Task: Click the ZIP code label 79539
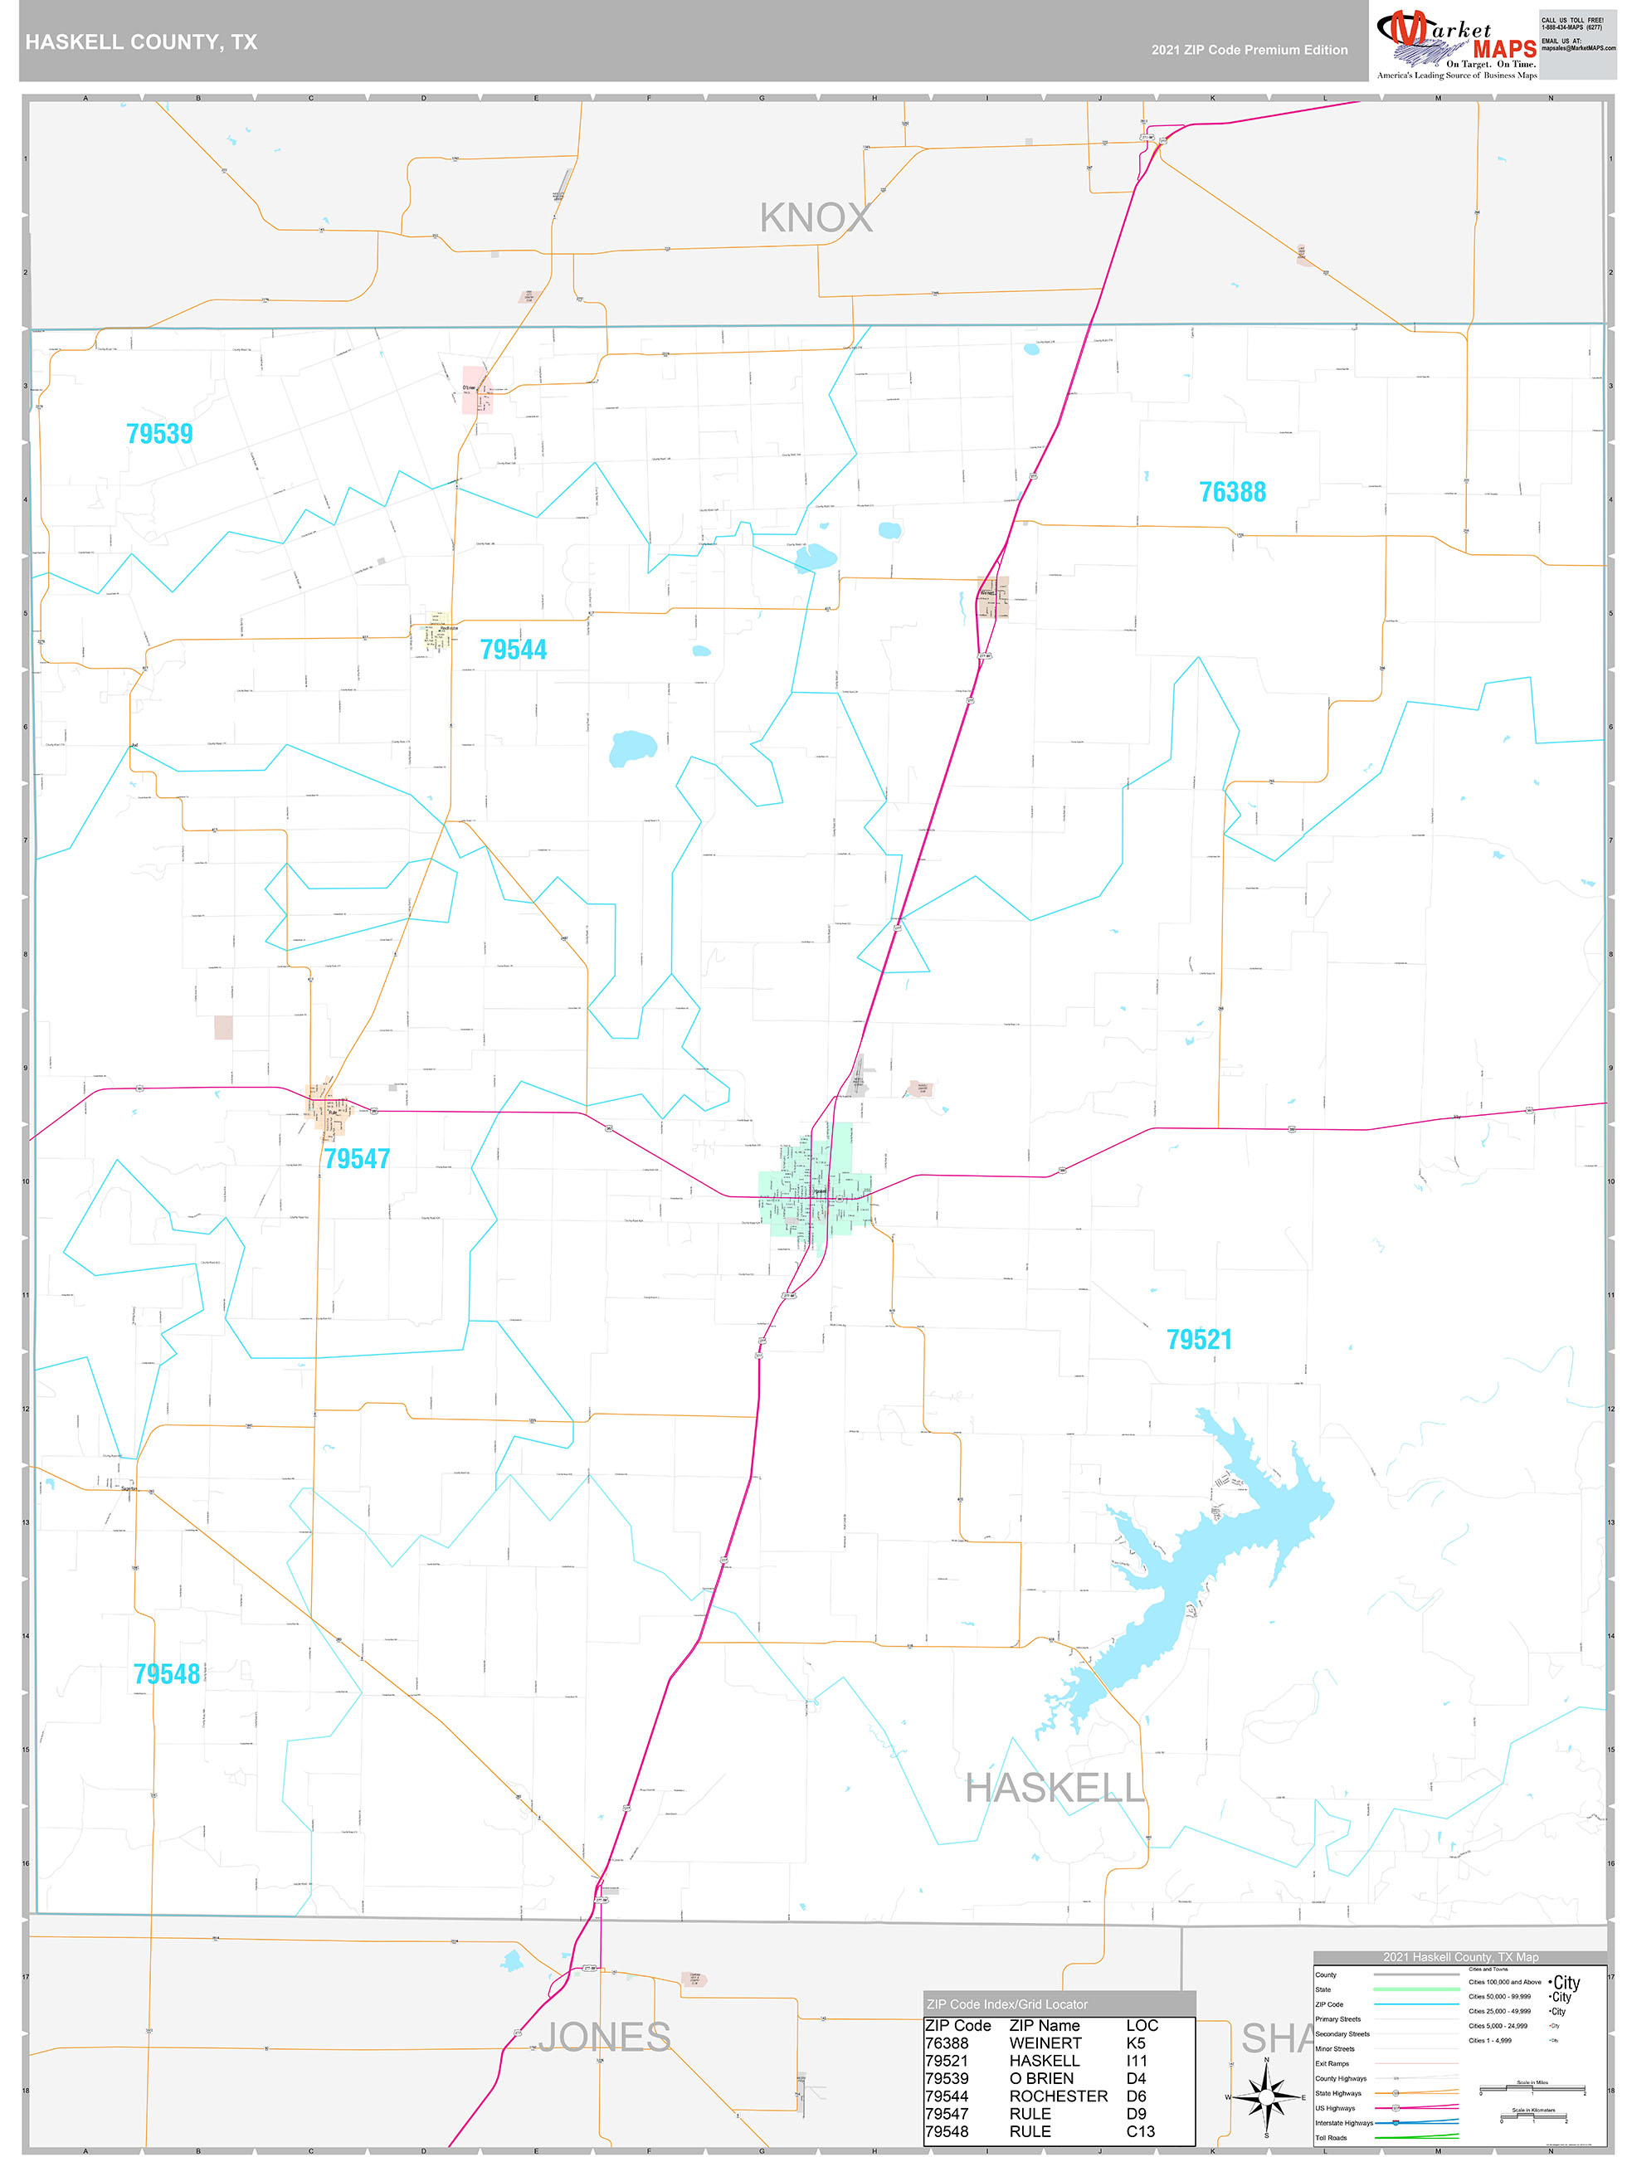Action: coord(160,434)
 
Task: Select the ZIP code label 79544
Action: coord(513,650)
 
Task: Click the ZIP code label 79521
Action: coord(1199,1339)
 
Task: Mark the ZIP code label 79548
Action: coord(167,1673)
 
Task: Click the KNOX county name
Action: coord(816,218)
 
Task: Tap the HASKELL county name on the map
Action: coord(1054,1789)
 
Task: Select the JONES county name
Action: coord(604,2037)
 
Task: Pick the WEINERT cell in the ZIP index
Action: coord(1045,2043)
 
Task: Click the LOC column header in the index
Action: coord(1142,2025)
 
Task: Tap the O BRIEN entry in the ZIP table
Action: coord(1040,2078)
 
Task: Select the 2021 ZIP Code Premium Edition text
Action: coord(1249,50)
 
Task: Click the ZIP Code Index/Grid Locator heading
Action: coord(1006,2004)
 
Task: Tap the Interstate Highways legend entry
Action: coord(1344,2123)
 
